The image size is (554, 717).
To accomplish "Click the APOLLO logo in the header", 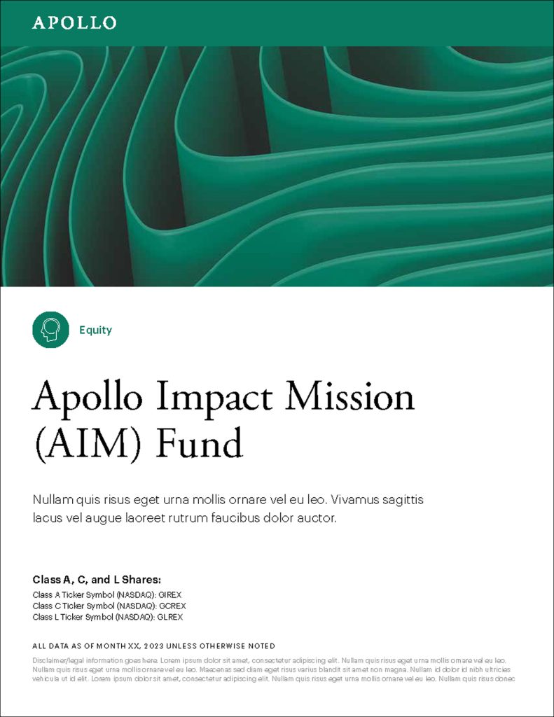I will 74,22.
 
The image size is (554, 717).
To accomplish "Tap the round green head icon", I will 50,330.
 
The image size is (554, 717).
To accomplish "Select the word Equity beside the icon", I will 95,330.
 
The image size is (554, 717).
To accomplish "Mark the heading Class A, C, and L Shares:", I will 97,580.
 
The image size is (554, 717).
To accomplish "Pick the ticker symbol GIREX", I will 170,594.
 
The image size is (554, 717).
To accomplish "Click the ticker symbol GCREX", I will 172,606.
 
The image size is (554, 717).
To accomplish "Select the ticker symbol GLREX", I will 171,617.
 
